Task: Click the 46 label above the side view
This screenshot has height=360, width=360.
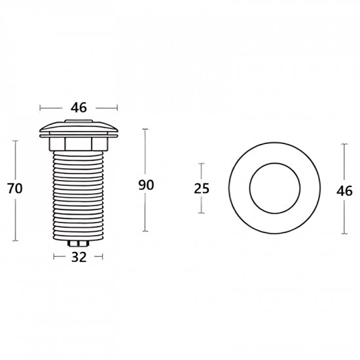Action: [x=79, y=107]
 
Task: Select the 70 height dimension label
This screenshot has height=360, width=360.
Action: [x=14, y=189]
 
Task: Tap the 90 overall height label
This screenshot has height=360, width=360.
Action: [x=146, y=185]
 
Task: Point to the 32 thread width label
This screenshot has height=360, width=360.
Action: [x=79, y=257]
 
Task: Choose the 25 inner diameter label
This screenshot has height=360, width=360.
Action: [x=202, y=189]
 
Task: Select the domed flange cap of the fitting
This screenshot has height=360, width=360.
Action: [x=79, y=128]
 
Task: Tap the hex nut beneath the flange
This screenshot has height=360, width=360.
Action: [x=79, y=143]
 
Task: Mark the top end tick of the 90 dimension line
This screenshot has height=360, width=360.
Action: [x=146, y=129]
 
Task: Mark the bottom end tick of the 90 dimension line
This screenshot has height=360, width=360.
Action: [x=146, y=231]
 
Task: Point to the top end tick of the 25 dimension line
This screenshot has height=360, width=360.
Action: [x=202, y=164]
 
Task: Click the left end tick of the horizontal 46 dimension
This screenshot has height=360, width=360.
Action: [x=40, y=107]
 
